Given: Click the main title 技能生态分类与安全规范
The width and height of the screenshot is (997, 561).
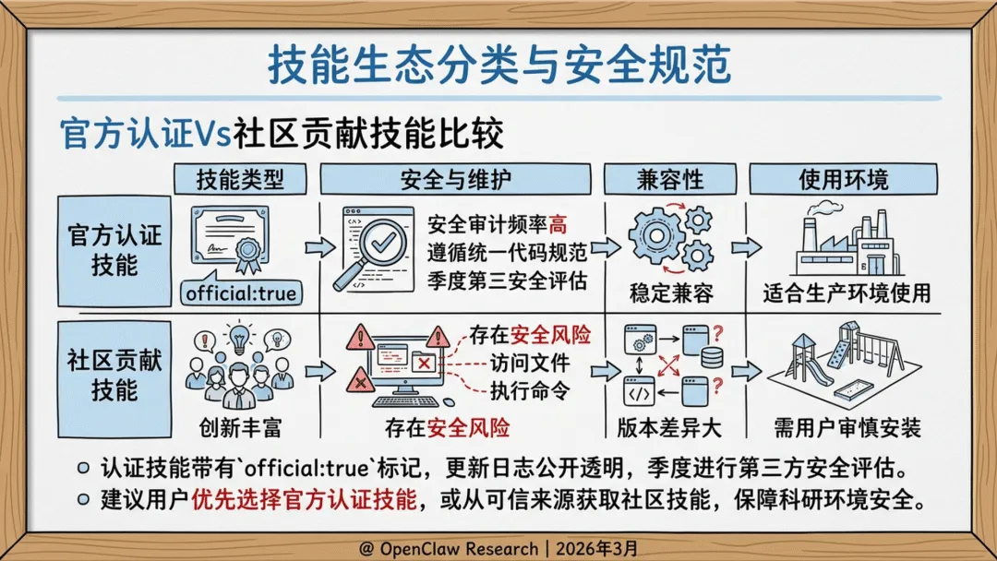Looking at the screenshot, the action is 498,65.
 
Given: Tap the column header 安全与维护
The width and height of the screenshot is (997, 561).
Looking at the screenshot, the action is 455,179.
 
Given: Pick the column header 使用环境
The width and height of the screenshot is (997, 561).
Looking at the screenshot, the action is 843,179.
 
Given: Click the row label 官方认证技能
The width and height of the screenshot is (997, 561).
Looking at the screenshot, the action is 114,250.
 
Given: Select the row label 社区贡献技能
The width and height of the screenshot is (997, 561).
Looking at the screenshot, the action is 114,375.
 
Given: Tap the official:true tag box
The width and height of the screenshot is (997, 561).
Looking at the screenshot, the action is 241,294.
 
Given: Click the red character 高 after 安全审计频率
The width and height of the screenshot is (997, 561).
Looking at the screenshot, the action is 559,224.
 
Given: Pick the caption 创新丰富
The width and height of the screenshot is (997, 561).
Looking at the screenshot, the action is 236,428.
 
